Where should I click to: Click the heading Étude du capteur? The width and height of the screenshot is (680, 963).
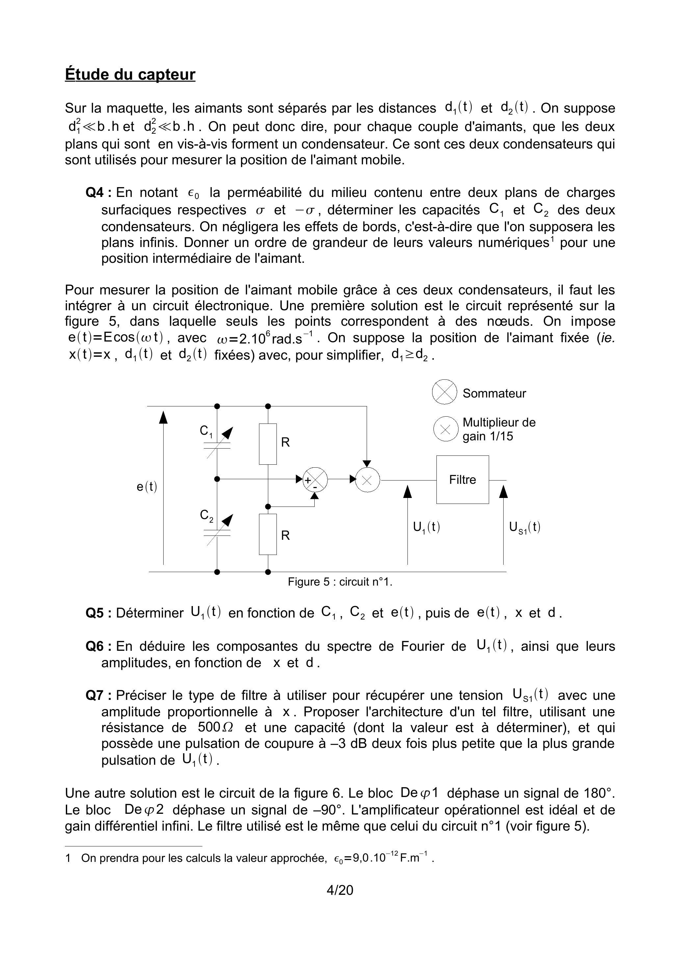coord(130,74)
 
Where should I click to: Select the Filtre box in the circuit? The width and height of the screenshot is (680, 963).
coord(462,480)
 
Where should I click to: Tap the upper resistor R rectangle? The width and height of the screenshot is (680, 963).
coord(268,444)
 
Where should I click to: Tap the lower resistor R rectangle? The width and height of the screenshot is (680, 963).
coord(268,534)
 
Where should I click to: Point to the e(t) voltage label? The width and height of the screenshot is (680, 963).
coord(147,486)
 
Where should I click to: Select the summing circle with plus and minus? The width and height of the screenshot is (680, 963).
coord(315,480)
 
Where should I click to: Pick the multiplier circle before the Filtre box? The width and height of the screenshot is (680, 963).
coord(367,480)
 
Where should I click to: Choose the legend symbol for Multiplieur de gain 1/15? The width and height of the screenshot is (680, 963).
coord(446,429)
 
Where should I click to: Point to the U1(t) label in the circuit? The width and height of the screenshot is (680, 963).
coord(426,527)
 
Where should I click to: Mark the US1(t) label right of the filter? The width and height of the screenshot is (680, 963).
coord(524,527)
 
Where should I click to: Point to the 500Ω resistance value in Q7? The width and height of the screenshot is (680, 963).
coord(216,727)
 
